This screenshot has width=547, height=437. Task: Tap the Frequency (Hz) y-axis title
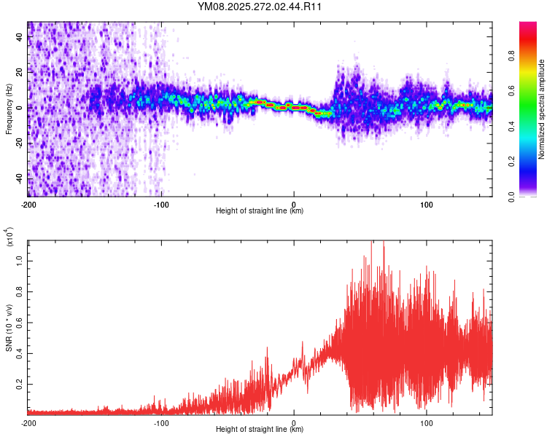(x=9, y=109)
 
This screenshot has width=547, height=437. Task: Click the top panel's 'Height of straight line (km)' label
(x=260, y=211)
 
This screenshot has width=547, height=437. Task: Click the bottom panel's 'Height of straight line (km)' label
(x=260, y=430)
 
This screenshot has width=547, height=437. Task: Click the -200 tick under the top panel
(x=28, y=204)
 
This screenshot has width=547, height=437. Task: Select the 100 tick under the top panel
(x=427, y=204)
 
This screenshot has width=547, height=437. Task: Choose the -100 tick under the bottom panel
(x=161, y=422)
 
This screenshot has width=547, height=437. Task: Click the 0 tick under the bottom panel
(x=294, y=422)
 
